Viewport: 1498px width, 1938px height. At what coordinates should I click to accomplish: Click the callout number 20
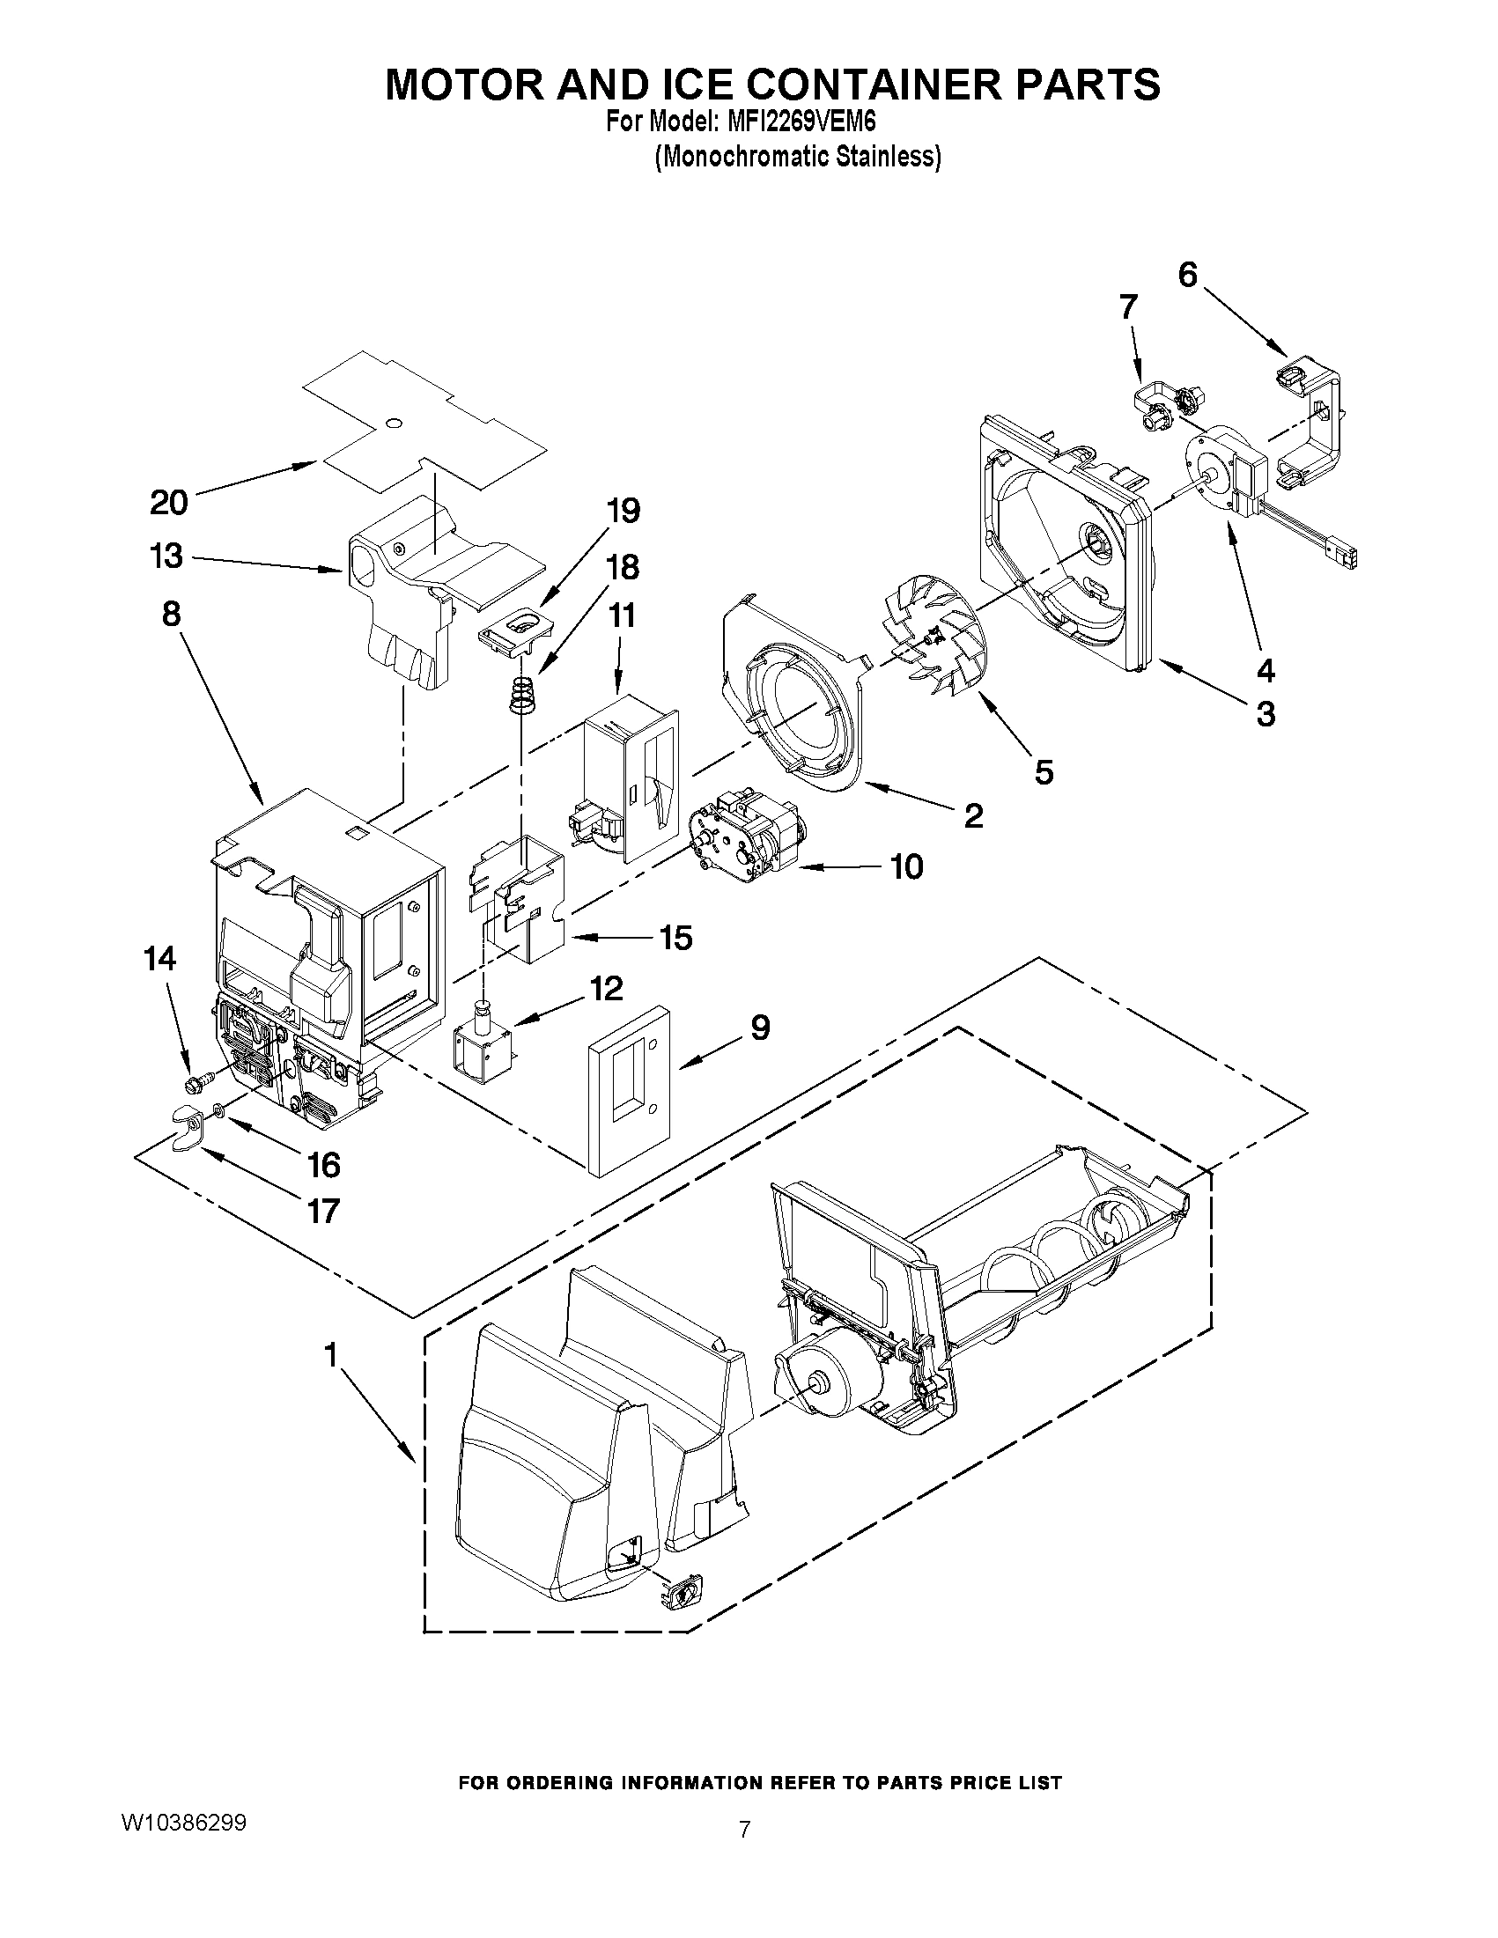click(x=168, y=502)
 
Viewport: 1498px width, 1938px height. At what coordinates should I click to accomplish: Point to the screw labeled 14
click(x=200, y=1081)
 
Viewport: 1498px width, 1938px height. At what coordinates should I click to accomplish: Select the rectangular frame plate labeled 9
click(x=628, y=1089)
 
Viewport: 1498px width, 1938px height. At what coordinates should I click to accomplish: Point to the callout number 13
click(x=166, y=556)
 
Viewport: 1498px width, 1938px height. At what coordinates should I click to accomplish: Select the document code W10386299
click(x=184, y=1823)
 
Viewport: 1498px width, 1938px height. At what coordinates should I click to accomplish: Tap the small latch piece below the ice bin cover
click(x=681, y=1594)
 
